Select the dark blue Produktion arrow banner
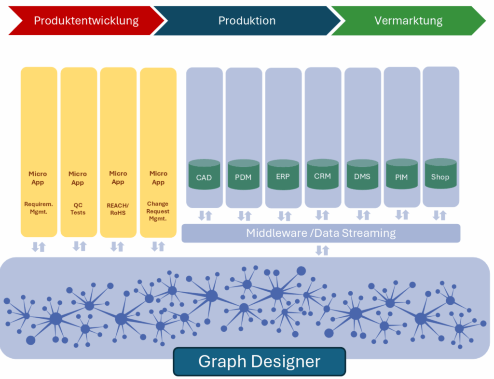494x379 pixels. coord(247,21)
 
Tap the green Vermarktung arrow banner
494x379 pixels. coord(409,21)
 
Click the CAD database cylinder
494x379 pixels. coord(204,175)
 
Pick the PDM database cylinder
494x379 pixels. coord(244,175)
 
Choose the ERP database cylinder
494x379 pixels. coord(283,175)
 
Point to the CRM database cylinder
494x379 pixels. coord(323,174)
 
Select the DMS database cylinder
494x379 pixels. coord(362,175)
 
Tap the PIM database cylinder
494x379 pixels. coord(402,174)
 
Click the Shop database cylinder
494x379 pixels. coord(440,174)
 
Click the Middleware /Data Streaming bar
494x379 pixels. coord(321,233)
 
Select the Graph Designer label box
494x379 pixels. coord(260,362)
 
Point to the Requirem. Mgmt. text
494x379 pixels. coord(39,208)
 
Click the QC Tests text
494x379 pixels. coord(78,209)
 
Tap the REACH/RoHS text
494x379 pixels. coord(118,209)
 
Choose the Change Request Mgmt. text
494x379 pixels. coord(158,211)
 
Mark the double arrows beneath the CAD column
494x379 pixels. coord(205,216)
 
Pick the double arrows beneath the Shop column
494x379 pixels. coord(440,216)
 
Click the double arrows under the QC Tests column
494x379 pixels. coord(80,246)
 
